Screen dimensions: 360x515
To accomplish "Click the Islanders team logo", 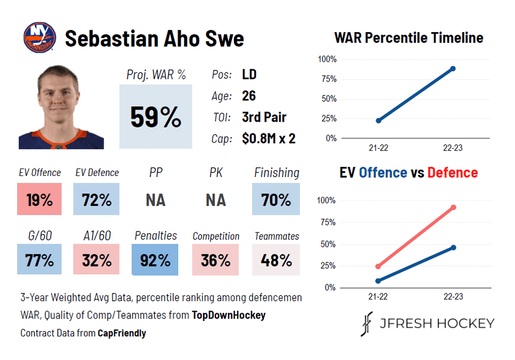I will tap(40, 37).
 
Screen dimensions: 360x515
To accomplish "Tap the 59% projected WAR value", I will tap(156, 117).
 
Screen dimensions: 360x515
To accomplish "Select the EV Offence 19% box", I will tap(39, 200).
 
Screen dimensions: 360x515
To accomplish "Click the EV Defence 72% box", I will tap(97, 200).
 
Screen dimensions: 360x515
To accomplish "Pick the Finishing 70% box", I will tap(276, 200).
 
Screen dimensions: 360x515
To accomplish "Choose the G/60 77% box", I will tap(39, 260).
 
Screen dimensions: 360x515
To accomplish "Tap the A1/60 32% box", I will tap(97, 260).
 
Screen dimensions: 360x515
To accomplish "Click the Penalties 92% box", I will tap(156, 260).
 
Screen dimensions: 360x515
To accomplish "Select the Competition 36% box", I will tap(216, 260).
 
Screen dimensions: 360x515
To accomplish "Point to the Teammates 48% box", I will tap(276, 260).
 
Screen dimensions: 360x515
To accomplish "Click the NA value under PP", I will tap(156, 200).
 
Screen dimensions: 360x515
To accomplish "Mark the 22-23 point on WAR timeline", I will tap(453, 69).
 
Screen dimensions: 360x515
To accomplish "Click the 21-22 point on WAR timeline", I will tap(378, 121).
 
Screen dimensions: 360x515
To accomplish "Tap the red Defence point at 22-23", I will tap(453, 207).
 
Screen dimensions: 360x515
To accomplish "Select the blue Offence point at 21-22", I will tap(378, 281).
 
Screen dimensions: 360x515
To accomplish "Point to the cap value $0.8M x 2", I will tap(269, 138).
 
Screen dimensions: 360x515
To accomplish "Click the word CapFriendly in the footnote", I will tap(122, 333).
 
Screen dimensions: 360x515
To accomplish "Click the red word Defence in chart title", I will tap(452, 173).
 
